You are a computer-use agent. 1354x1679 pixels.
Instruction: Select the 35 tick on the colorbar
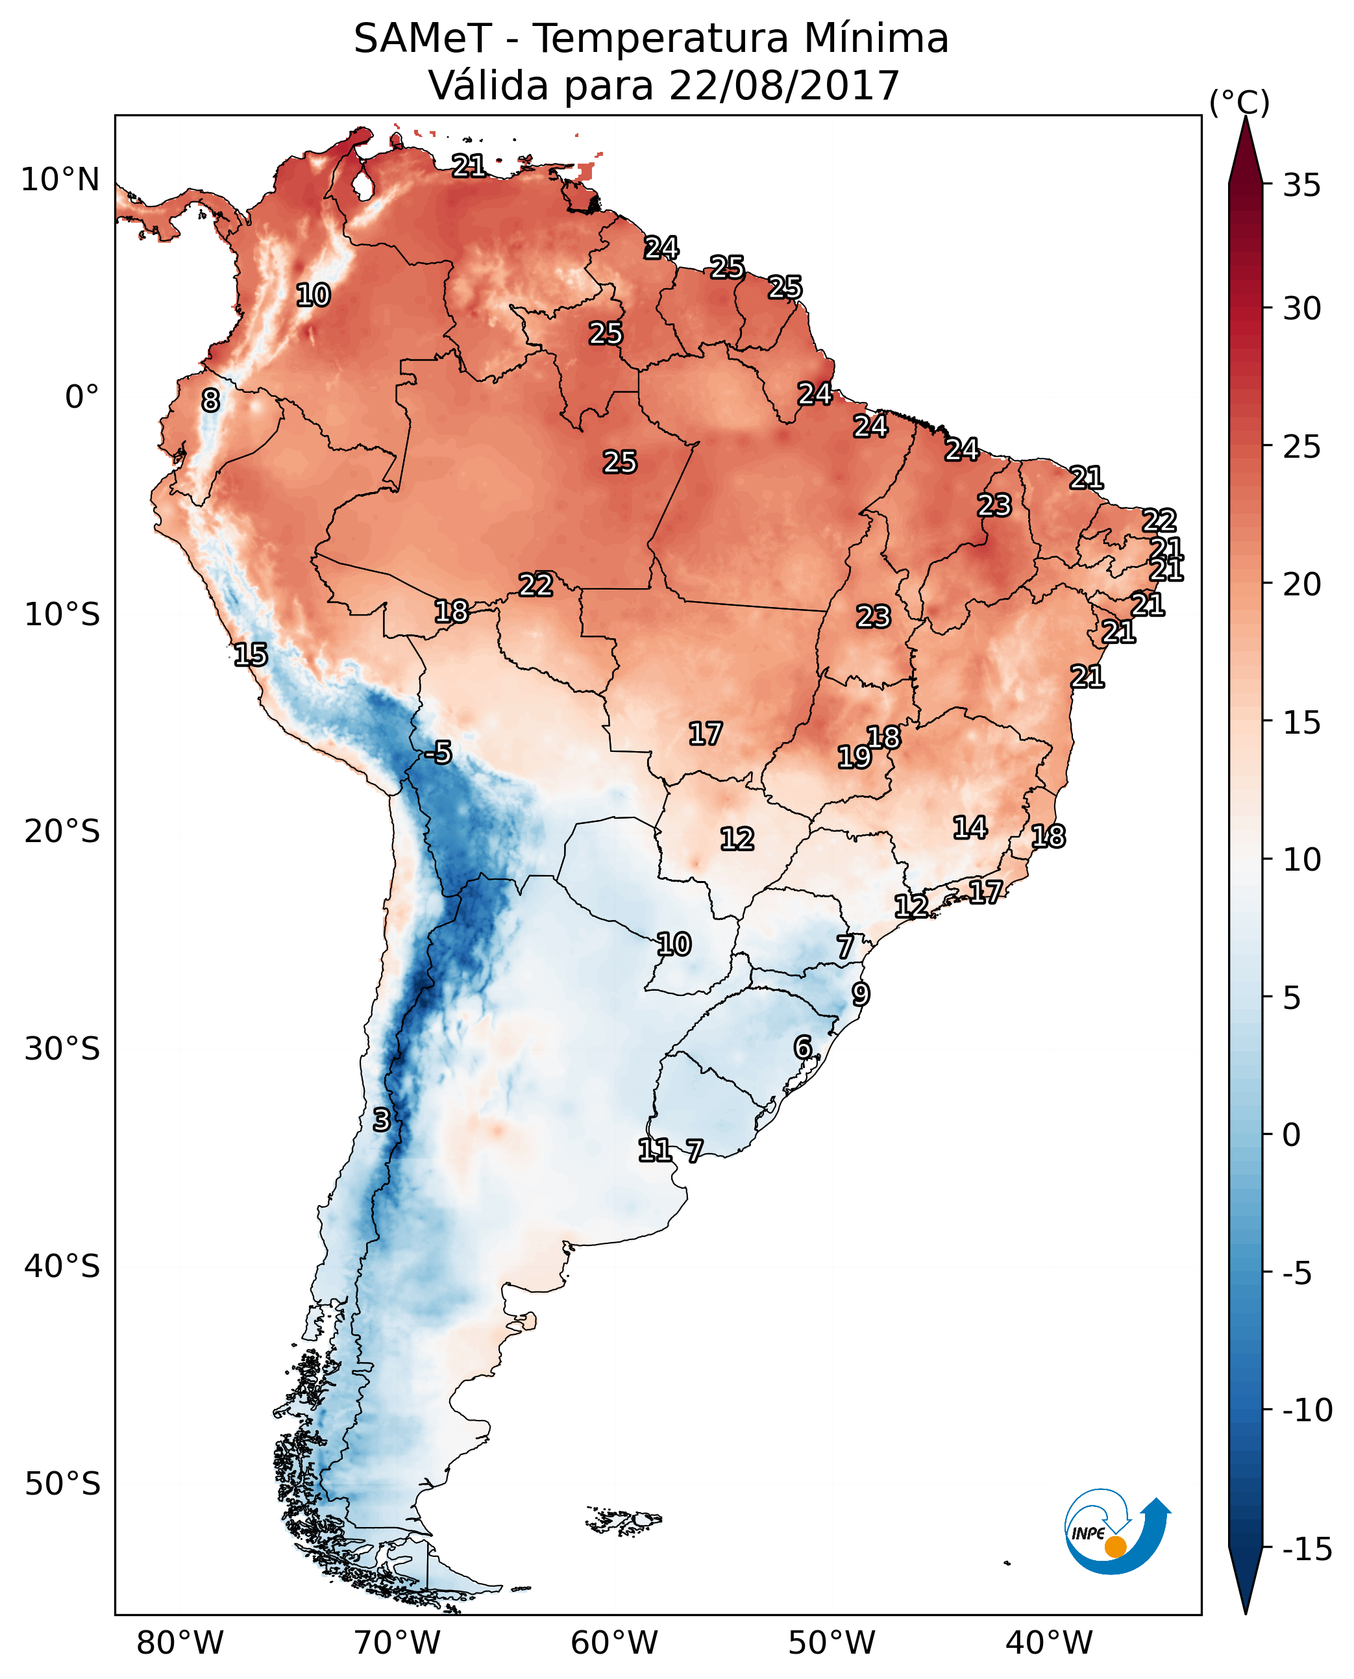tap(1301, 186)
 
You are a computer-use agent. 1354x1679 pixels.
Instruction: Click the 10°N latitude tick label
tap(60, 180)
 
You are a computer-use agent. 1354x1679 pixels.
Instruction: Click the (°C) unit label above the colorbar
tap(1239, 102)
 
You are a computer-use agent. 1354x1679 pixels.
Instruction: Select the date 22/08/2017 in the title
tap(784, 85)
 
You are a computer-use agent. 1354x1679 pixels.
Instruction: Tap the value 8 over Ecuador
tap(210, 401)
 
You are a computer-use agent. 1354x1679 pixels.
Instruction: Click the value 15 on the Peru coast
tap(251, 654)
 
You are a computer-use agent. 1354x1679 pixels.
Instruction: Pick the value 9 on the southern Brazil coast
tap(860, 995)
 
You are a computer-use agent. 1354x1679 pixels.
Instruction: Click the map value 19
tap(854, 757)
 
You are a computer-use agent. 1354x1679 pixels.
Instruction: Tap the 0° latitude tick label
tap(82, 397)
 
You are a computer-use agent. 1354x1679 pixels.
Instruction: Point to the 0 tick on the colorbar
tap(1291, 1135)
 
